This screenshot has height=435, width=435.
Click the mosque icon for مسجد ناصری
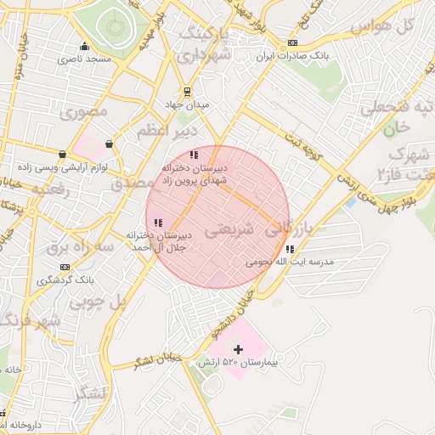click(83, 48)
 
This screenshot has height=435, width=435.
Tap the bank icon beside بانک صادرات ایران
click(293, 42)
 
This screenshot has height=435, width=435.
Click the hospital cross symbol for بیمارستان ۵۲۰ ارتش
click(238, 349)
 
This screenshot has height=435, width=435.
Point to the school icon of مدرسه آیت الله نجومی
click(291, 250)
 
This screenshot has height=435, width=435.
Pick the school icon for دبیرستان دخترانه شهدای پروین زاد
click(194, 155)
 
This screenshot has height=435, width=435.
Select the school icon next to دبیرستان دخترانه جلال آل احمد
click(159, 223)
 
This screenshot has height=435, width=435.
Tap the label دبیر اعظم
click(167, 131)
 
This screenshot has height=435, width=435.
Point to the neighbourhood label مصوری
click(86, 111)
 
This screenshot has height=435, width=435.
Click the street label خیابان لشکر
click(158, 360)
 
